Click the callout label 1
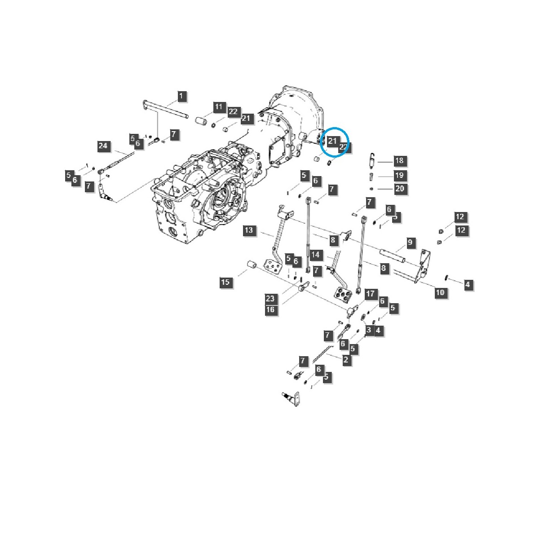tap(181, 96)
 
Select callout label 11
tap(218, 107)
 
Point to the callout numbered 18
tap(399, 161)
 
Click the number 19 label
tap(399, 175)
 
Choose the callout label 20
tap(399, 189)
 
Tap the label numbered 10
tap(440, 292)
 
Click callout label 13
tap(249, 231)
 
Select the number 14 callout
tap(316, 255)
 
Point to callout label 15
tap(225, 282)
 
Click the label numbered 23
tap(270, 299)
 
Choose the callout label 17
tap(370, 294)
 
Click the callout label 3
tap(368, 331)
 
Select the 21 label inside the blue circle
tap(332, 141)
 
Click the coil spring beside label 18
tap(372, 160)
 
